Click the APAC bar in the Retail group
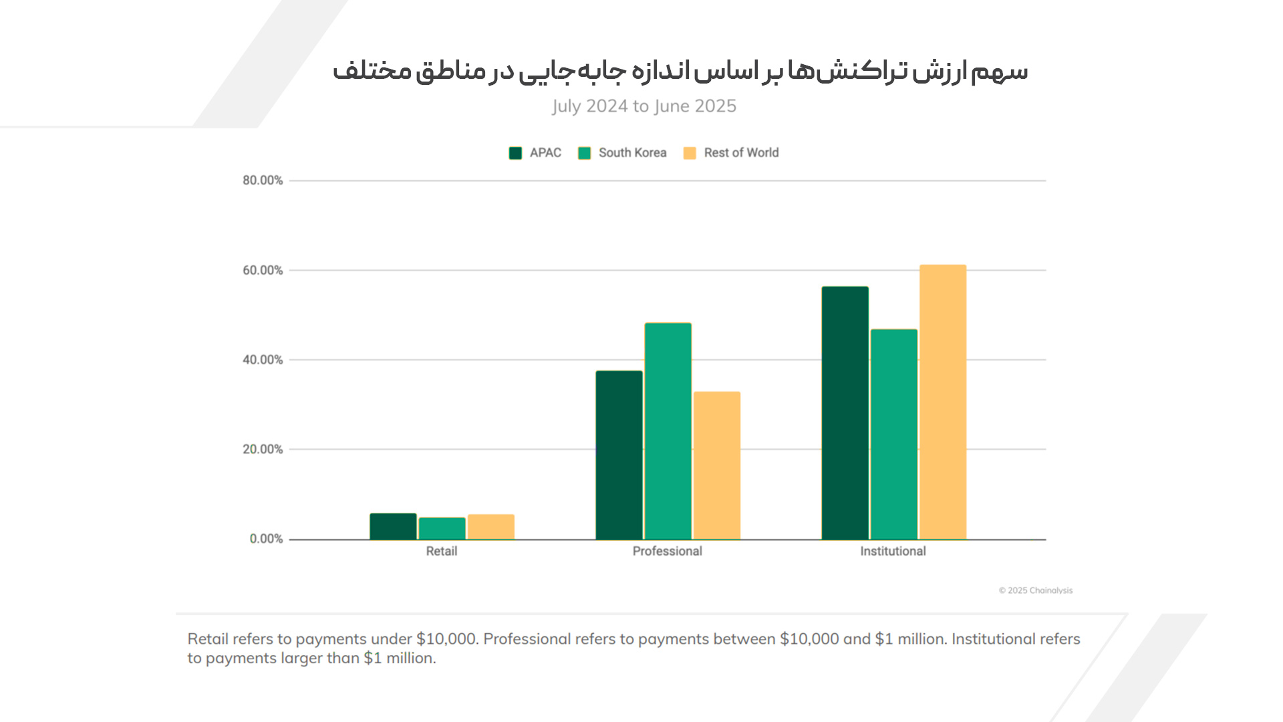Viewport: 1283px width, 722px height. pyautogui.click(x=393, y=526)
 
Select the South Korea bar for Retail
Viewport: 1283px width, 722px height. pyautogui.click(x=442, y=528)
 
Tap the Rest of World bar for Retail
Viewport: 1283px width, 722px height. pyautogui.click(x=490, y=527)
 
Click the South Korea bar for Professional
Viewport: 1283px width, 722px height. pyautogui.click(x=668, y=431)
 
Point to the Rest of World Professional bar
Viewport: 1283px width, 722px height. pyautogui.click(x=716, y=465)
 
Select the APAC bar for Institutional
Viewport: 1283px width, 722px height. pyautogui.click(x=845, y=412)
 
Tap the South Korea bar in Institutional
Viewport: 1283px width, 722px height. pyautogui.click(x=893, y=434)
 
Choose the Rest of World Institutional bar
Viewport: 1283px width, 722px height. pyautogui.click(x=942, y=402)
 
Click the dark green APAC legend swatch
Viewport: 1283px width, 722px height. pyautogui.click(x=515, y=153)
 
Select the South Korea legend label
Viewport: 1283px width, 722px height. pyautogui.click(x=632, y=153)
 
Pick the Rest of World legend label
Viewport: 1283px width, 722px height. pyautogui.click(x=741, y=153)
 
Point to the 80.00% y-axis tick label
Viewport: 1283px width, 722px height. pyautogui.click(x=263, y=180)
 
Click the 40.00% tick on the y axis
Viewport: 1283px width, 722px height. pyautogui.click(x=263, y=360)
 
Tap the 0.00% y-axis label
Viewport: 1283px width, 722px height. pyautogui.click(x=266, y=539)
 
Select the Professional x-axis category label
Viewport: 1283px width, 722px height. pyautogui.click(x=667, y=552)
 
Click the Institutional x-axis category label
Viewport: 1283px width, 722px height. pyautogui.click(x=893, y=552)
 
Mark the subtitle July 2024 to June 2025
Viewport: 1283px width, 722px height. pyautogui.click(x=644, y=106)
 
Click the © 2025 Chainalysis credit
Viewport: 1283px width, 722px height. pyautogui.click(x=1035, y=590)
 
